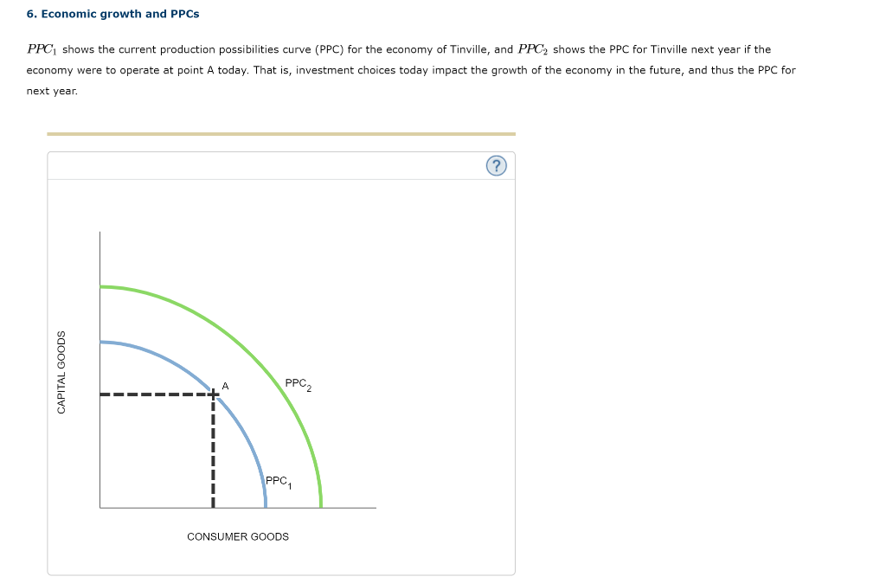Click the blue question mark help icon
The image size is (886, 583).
coord(496,166)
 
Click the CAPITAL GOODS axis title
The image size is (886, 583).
coord(61,372)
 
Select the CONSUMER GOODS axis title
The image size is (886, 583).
coord(238,537)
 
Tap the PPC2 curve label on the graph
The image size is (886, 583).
coord(298,384)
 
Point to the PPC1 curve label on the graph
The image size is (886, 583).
coord(279,482)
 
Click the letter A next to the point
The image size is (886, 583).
coord(225,386)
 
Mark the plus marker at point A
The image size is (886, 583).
coord(213,395)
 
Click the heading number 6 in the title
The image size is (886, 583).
coord(30,15)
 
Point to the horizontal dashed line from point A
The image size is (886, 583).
coord(156,395)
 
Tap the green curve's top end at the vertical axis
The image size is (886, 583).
coord(101,286)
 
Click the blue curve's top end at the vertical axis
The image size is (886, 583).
coord(101,343)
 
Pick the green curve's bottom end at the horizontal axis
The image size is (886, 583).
coord(321,505)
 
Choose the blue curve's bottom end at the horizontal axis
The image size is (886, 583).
coord(266,505)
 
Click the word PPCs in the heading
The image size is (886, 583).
coord(184,15)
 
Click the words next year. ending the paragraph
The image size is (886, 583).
coord(52,91)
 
